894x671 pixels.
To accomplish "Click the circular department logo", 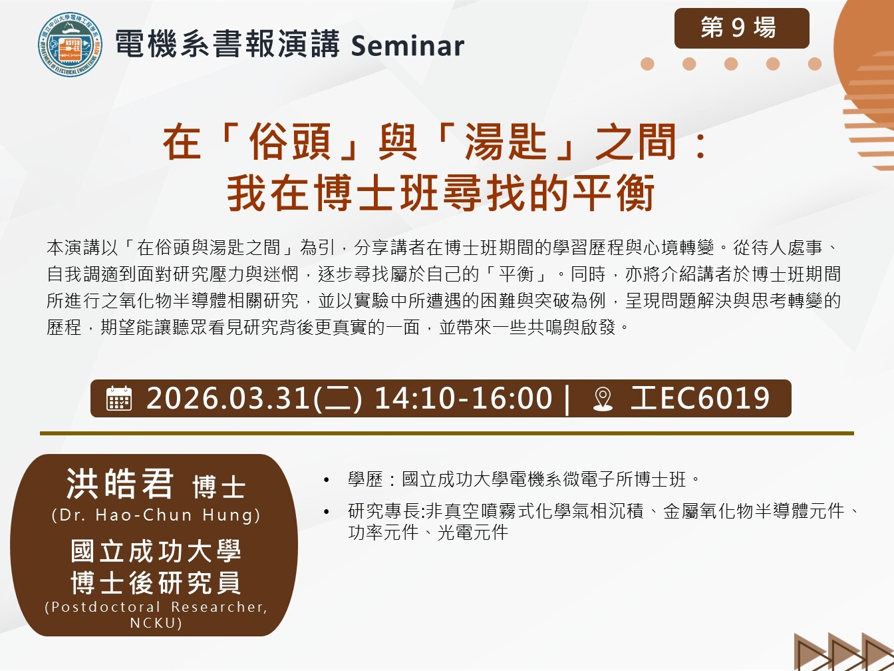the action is pyautogui.click(x=70, y=45).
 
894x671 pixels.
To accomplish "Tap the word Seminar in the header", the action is pyautogui.click(x=407, y=45).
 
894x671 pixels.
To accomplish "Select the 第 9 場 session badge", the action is pyautogui.click(x=742, y=28).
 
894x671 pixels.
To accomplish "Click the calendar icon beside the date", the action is pyautogui.click(x=119, y=398).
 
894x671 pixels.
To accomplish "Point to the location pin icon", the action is pyautogui.click(x=603, y=399).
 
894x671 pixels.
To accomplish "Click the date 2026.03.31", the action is pyautogui.click(x=229, y=398).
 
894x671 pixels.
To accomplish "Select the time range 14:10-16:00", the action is pyautogui.click(x=463, y=398).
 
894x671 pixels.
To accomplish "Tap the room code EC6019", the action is pyautogui.click(x=714, y=398).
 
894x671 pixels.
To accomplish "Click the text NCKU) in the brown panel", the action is pyautogui.click(x=156, y=623).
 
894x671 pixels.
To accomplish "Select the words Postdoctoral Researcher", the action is pyautogui.click(x=156, y=607).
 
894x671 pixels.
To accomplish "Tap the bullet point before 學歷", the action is pyautogui.click(x=326, y=481).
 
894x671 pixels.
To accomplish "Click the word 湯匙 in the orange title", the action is pyautogui.click(x=506, y=142).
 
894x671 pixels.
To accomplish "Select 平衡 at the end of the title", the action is pyautogui.click(x=613, y=192).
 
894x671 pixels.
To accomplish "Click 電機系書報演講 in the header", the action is pyautogui.click(x=227, y=44).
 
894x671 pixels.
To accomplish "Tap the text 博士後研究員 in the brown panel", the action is pyautogui.click(x=156, y=583).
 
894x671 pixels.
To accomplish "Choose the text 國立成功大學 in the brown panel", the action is pyautogui.click(x=156, y=551).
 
